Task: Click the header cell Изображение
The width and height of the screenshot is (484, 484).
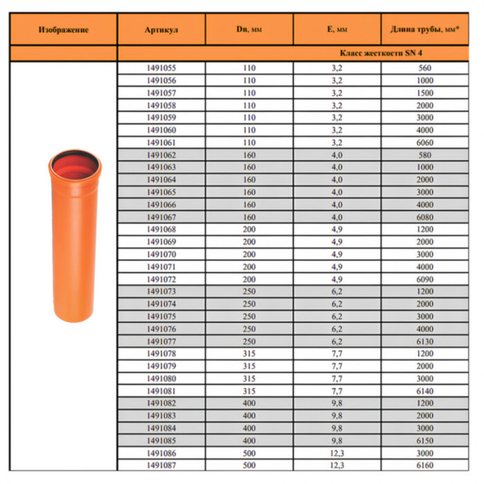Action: click(64, 30)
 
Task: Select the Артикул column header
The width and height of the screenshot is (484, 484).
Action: click(162, 30)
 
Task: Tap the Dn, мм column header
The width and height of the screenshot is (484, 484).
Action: click(249, 30)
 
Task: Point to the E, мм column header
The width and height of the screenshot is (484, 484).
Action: click(337, 30)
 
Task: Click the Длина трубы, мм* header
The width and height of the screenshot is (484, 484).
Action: click(425, 30)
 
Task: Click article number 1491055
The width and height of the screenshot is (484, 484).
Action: click(162, 68)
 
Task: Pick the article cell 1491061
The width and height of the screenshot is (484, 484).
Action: click(162, 142)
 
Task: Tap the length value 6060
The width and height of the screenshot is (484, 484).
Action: click(425, 142)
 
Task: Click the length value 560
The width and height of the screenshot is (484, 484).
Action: click(425, 68)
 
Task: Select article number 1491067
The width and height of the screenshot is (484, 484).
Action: click(162, 217)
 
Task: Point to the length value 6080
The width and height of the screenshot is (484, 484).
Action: click(425, 217)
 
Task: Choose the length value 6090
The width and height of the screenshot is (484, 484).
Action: click(425, 279)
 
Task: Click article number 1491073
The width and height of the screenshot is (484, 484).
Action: click(162, 292)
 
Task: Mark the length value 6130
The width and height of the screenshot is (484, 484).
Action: click(425, 342)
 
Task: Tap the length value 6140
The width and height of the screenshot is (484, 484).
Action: click(425, 391)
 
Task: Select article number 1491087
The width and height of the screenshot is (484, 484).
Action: click(162, 466)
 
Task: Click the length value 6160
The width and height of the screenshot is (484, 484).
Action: click(425, 466)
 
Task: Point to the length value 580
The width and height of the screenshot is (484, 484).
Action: click(425, 155)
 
